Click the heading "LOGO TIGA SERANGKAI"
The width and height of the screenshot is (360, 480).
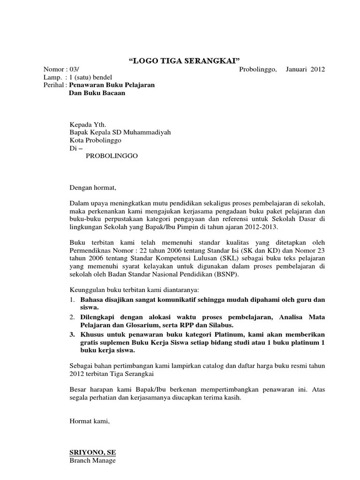[x=184, y=60]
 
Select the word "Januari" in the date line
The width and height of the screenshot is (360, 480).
[x=296, y=69]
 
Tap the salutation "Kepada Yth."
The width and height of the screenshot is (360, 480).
[x=88, y=125]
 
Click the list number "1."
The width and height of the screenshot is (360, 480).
[x=73, y=300]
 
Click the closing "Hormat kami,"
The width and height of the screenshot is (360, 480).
[x=90, y=421]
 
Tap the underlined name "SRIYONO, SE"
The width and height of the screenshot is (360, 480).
[x=92, y=452]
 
